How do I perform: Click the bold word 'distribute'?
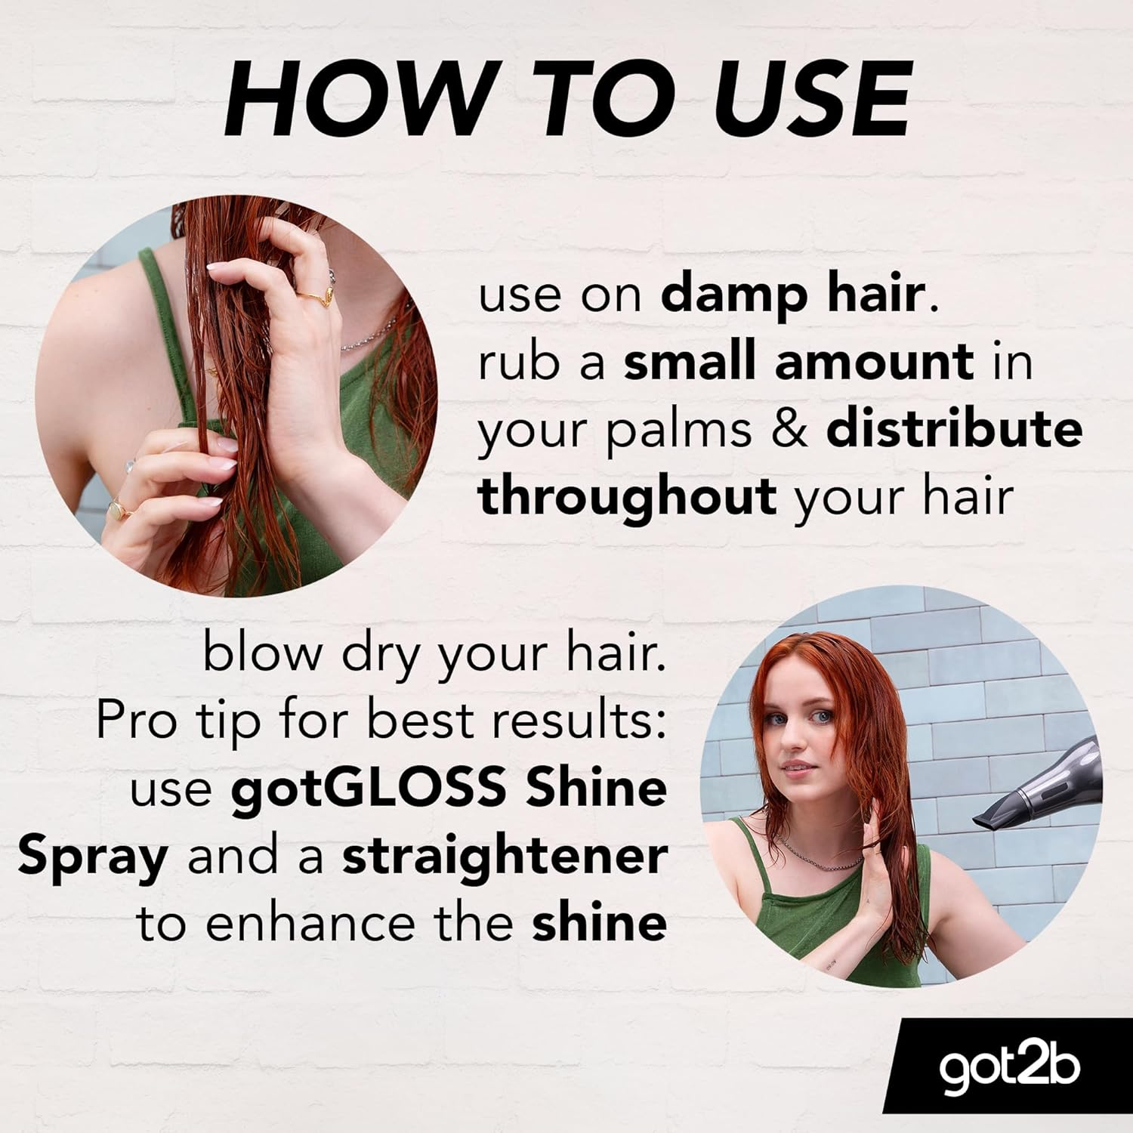pyautogui.click(x=954, y=429)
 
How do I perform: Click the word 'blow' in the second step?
pyautogui.click(x=261, y=653)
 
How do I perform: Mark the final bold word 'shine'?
pyautogui.click(x=599, y=924)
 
